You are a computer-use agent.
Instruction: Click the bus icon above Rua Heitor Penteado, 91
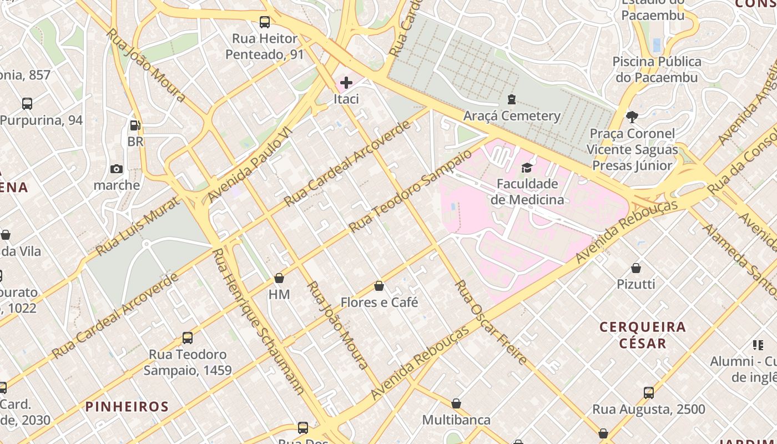pos(265,22)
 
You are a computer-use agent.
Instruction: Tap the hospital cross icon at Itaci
pos(346,83)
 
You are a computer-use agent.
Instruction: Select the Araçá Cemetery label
pos(512,115)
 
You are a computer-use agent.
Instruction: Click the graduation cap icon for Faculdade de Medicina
pos(526,167)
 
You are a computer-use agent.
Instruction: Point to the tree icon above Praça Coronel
pos(632,117)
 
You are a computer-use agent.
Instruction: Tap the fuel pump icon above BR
pos(134,125)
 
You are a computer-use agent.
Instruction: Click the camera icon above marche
pos(117,169)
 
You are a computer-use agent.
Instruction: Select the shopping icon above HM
pos(279,277)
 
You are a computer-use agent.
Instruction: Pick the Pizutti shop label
pos(636,284)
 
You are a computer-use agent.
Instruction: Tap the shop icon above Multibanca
pos(456,403)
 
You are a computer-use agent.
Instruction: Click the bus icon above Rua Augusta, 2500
pos(648,393)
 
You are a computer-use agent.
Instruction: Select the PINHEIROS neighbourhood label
pos(127,406)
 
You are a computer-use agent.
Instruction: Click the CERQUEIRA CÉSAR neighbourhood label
pos(643,335)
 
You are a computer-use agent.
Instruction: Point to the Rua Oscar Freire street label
pos(490,322)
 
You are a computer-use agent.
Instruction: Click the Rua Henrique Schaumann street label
pos(258,322)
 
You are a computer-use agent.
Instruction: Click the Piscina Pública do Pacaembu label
pos(657,69)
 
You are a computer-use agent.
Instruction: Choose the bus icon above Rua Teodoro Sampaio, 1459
pos(188,337)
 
